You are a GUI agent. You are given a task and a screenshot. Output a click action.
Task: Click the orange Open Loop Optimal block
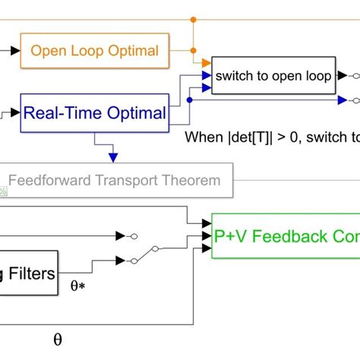coord(95,51)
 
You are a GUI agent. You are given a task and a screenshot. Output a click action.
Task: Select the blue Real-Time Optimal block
coord(95,113)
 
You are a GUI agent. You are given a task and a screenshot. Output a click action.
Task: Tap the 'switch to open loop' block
coord(273,76)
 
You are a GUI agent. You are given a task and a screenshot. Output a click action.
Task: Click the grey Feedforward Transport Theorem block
coord(114,181)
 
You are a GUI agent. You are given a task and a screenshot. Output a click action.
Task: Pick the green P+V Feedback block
coord(285,236)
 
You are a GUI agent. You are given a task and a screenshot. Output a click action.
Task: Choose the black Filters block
coord(30,273)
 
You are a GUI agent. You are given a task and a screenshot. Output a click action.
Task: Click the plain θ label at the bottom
coord(58,339)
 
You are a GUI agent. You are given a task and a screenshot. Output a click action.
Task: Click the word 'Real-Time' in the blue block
coord(64,113)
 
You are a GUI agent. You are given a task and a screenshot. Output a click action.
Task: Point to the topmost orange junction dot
coord(194,18)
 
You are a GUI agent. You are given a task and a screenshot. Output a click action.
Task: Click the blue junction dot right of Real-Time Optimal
coord(189,99)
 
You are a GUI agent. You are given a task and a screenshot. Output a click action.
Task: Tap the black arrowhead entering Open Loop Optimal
coord(16,51)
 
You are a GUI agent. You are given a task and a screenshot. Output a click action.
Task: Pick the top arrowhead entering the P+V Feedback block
coord(207,223)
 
